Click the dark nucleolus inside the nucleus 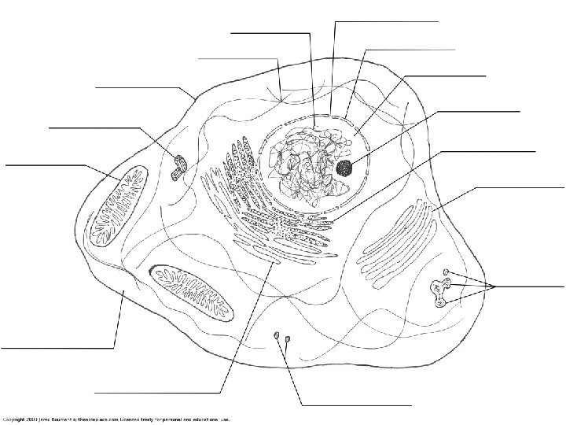pos(344,167)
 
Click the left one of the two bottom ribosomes pos(277,337)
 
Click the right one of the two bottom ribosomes pos(288,339)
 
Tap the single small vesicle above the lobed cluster pos(447,272)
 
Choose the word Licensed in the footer pos(131,419)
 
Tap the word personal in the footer pos(175,419)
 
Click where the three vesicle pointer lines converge pos(496,285)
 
